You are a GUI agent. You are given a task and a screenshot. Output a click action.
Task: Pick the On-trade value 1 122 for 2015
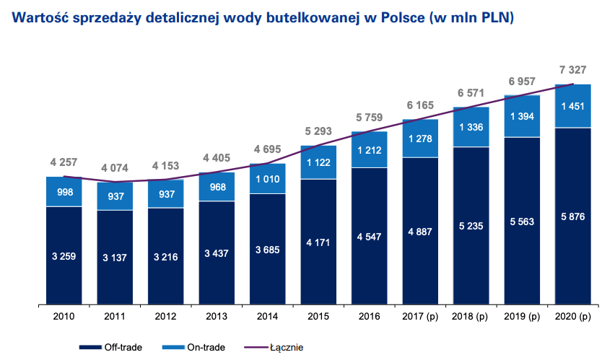tap(318, 162)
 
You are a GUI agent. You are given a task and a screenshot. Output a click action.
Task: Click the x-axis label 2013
tap(217, 316)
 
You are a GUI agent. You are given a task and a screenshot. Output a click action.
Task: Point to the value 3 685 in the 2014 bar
tap(267, 250)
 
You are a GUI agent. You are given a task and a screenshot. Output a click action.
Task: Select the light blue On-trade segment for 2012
tap(165, 193)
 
